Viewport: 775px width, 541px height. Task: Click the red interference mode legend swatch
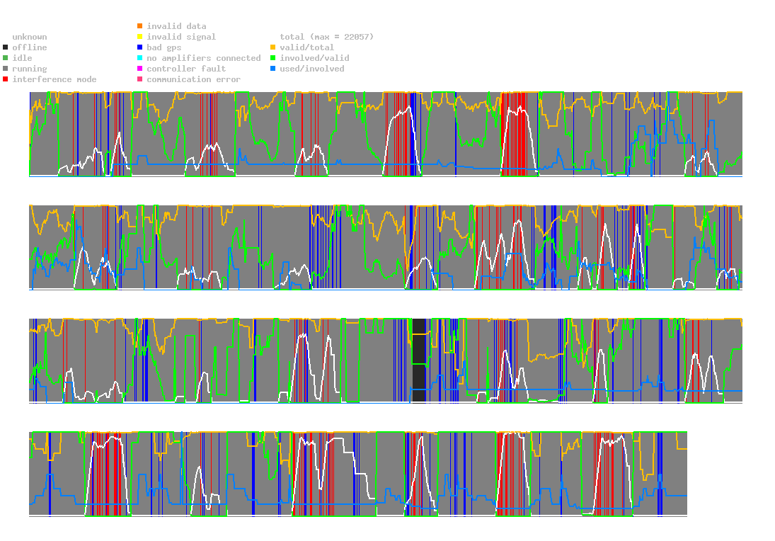[6, 79]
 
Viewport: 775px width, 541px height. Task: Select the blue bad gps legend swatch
[139, 47]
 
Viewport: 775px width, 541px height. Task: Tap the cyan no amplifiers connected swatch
[139, 58]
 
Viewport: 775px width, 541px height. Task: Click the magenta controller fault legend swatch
[139, 69]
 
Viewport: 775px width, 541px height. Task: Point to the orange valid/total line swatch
[272, 47]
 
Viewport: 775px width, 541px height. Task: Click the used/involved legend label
[312, 69]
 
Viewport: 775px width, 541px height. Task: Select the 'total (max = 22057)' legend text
[326, 37]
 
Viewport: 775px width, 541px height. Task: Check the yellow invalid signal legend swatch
[139, 37]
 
